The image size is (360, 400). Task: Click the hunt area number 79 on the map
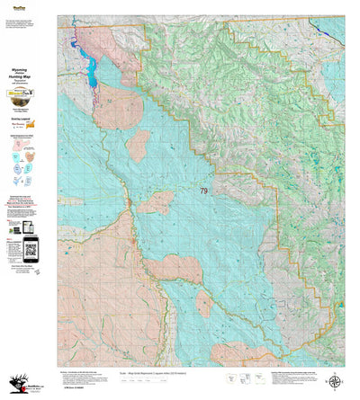[x=203, y=191]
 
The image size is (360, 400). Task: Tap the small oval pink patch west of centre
[x=138, y=145]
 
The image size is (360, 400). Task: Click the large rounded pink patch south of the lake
[x=117, y=106]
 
